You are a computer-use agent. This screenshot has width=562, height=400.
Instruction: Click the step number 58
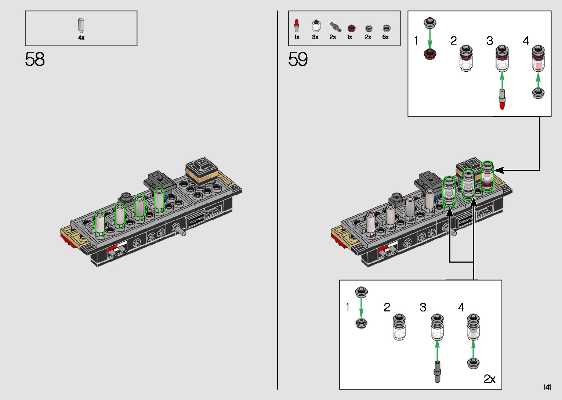35,59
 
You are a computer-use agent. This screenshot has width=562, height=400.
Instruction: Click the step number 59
298,59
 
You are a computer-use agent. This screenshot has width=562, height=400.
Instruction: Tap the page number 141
547,387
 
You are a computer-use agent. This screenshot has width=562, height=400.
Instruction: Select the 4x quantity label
81,38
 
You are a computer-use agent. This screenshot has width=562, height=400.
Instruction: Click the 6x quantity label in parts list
385,37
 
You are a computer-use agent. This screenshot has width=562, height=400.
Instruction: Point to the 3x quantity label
315,37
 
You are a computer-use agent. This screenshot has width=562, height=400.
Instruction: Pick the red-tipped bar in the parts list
297,25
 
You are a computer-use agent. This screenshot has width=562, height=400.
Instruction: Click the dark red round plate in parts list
351,28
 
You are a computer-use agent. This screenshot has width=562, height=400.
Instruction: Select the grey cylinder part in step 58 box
81,25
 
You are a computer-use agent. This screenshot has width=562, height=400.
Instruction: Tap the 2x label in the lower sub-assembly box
489,379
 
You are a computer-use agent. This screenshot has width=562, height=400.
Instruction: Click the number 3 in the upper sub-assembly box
490,41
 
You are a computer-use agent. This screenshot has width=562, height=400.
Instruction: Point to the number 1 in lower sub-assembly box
348,307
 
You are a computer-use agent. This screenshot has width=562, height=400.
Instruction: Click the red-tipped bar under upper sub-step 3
502,100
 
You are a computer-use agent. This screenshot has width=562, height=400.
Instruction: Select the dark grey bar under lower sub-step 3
437,372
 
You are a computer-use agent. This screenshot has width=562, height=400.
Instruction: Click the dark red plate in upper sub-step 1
430,54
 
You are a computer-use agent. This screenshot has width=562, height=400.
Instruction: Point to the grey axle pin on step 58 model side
180,229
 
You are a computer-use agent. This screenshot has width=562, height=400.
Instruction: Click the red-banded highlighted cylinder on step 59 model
487,177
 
